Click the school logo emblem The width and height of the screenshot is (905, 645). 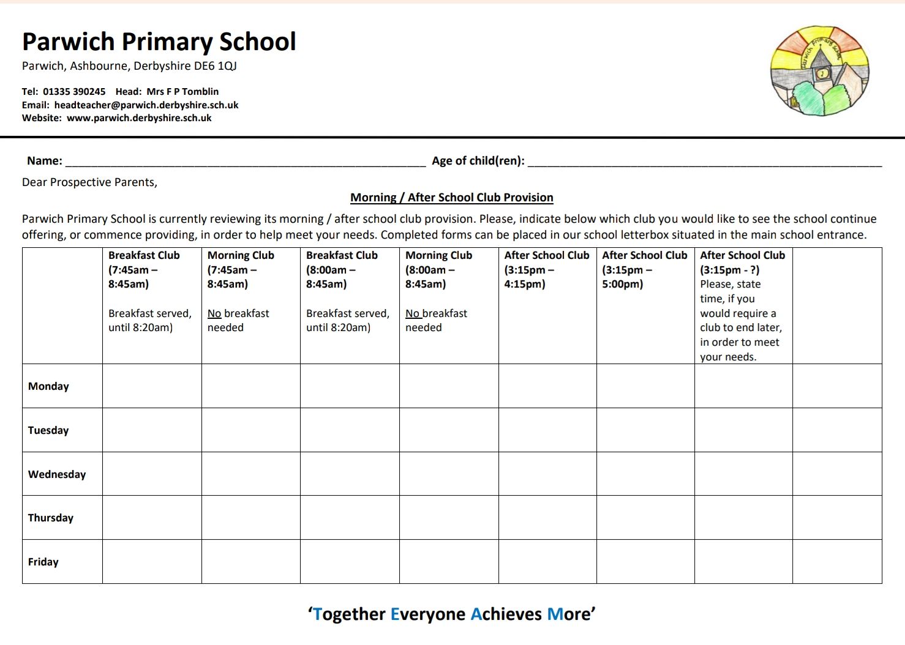point(820,71)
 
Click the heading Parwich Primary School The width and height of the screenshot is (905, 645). point(159,42)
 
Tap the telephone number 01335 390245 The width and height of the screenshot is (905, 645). point(74,92)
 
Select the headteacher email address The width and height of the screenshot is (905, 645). point(146,105)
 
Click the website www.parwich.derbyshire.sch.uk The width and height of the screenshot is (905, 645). point(139,118)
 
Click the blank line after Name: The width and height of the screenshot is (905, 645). point(245,162)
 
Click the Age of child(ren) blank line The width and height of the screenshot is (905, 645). point(704,162)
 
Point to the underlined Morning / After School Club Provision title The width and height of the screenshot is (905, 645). point(451,198)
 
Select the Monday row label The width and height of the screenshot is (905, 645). point(48,386)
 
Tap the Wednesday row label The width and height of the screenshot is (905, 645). point(57,474)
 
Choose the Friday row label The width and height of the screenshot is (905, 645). point(43,562)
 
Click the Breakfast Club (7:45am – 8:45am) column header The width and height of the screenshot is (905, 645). point(144,269)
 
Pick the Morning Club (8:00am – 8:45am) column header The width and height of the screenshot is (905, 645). point(438,269)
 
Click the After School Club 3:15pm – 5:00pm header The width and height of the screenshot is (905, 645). point(644,269)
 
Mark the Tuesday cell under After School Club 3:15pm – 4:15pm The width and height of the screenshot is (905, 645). point(547,430)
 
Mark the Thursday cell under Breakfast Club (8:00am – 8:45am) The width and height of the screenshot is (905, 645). point(350,518)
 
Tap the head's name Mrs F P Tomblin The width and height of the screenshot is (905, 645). point(182,92)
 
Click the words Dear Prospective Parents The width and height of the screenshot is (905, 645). point(89,182)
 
